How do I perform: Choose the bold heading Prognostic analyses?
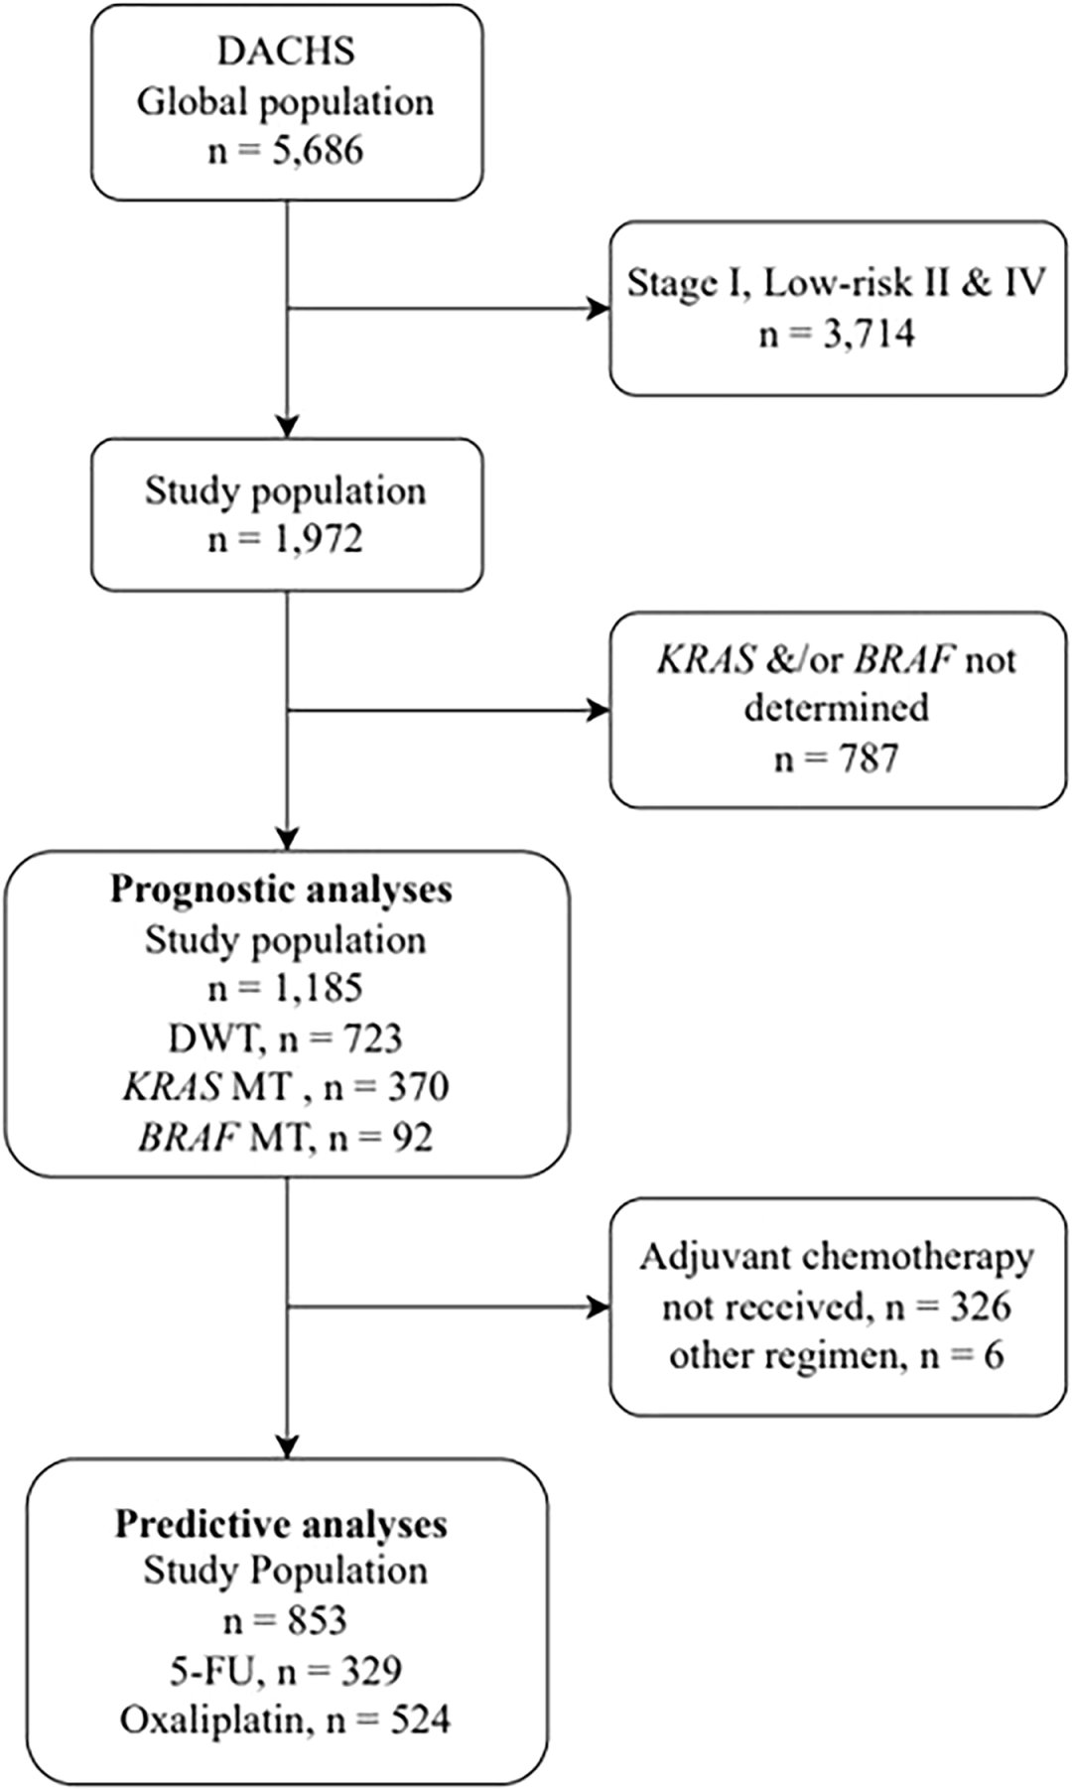281,890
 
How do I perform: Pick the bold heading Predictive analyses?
281,1524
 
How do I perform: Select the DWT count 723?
372,1037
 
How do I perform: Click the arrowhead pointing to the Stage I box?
599,310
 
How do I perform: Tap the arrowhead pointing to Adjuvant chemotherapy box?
599,1308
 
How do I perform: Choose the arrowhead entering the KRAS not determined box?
599,710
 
